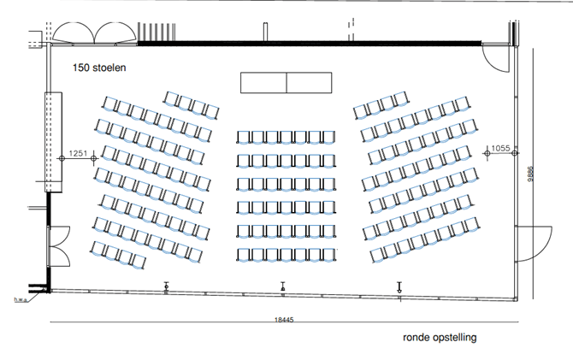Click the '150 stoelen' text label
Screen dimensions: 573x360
tap(99, 68)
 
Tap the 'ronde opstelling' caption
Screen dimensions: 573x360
tap(440, 338)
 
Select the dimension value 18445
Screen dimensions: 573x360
tap(284, 320)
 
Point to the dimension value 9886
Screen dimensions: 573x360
tap(530, 174)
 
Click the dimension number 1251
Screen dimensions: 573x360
tap(78, 154)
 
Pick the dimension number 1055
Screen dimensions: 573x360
tap(500, 148)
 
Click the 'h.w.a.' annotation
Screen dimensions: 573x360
tap(21, 299)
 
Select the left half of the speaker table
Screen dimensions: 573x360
tap(263, 83)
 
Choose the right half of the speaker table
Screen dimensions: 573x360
tap(309, 83)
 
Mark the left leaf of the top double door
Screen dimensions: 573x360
tap(73, 32)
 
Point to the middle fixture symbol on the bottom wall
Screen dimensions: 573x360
tap(283, 286)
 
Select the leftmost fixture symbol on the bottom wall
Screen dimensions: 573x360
tap(167, 286)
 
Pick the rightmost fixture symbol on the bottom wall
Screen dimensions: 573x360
tap(399, 287)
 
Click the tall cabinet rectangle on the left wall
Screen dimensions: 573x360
tap(53, 142)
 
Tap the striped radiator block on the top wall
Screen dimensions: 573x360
tap(157, 32)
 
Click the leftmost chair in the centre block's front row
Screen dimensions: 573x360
tap(243, 138)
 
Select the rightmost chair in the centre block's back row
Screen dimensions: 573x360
tap(328, 255)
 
